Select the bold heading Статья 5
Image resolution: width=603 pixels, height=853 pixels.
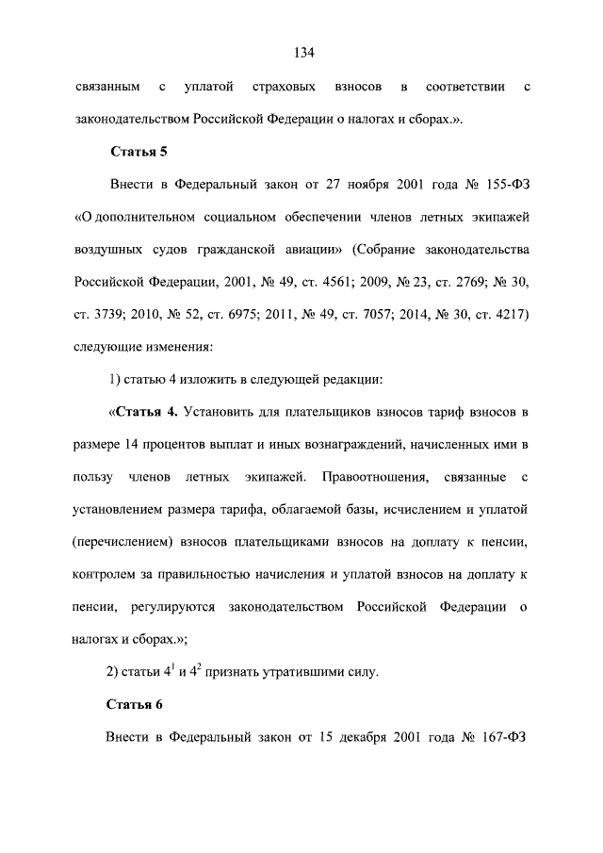click(139, 150)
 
